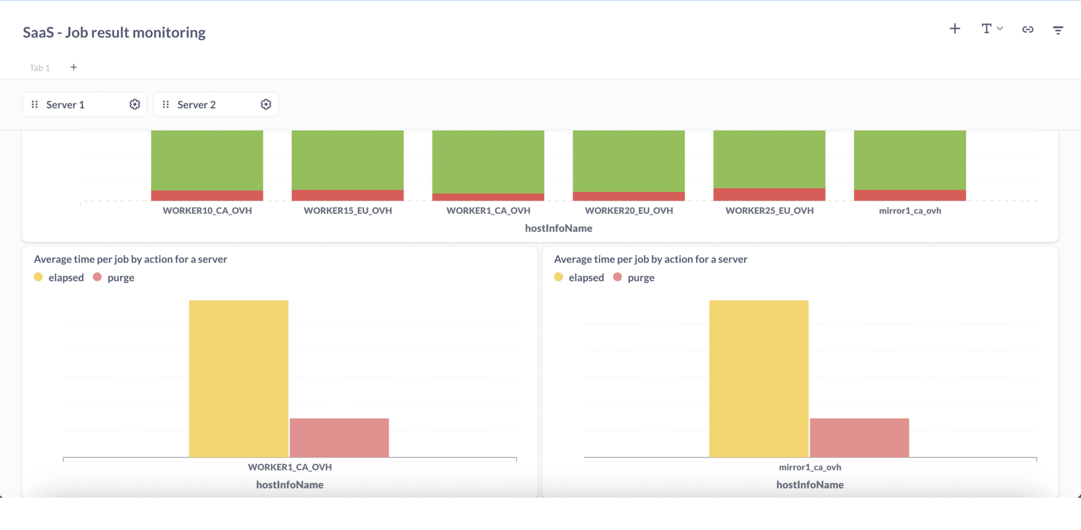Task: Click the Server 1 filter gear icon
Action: [135, 105]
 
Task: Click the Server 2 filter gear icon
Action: [266, 105]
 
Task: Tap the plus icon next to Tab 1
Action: [74, 67]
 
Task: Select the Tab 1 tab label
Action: [40, 68]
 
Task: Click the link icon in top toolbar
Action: [1028, 30]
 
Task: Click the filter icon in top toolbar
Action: [1058, 30]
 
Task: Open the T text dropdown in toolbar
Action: [991, 29]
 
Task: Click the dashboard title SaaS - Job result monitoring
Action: [114, 33]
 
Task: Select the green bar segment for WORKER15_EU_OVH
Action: [347, 159]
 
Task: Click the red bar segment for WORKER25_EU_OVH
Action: [769, 194]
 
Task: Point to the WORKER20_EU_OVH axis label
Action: [629, 211]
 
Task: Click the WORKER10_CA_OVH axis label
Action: [207, 211]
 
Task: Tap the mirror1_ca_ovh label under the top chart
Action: [909, 211]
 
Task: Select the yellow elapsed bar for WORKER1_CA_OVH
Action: [239, 378]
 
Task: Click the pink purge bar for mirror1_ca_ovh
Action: [859, 438]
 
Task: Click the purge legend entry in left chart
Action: [114, 278]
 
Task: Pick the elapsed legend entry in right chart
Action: [580, 278]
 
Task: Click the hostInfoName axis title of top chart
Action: [558, 229]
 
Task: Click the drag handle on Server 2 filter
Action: [166, 105]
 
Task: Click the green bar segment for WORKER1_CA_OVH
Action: [488, 162]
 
